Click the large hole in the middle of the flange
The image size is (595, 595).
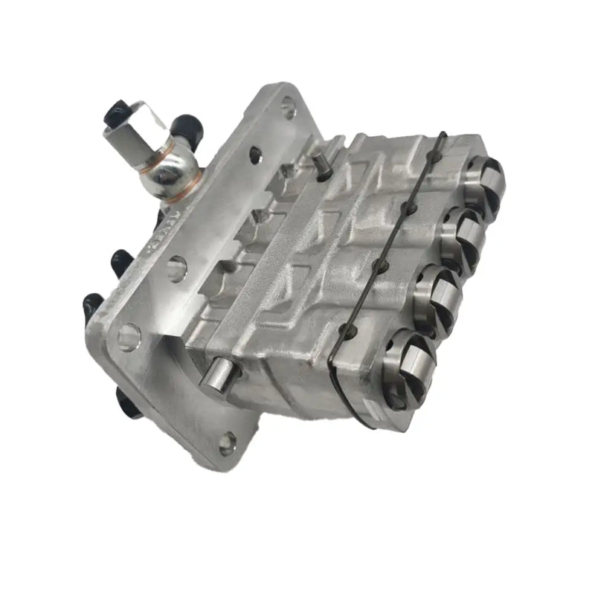click(176, 268)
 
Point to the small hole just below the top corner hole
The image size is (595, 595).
click(255, 155)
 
